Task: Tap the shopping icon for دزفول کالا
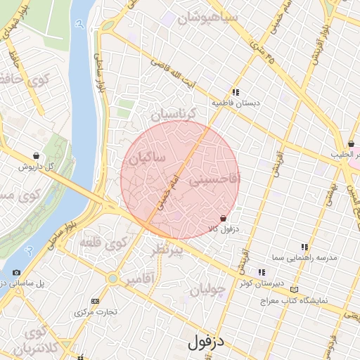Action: (223, 219)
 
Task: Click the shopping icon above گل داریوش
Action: (36, 156)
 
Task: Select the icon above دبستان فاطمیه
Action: (236, 92)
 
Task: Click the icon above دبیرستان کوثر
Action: (262, 272)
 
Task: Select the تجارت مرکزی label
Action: (96, 311)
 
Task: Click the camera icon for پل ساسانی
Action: (16, 273)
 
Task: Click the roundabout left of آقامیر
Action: (112, 279)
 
